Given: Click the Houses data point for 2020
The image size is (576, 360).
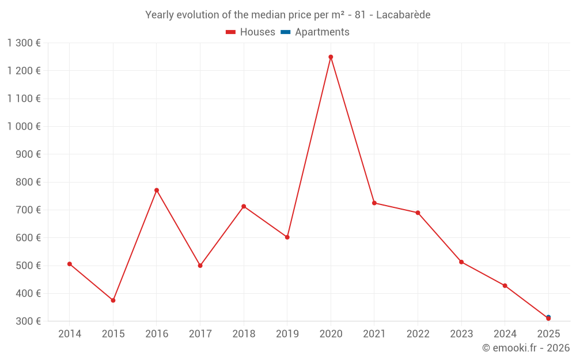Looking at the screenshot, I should pos(331,57).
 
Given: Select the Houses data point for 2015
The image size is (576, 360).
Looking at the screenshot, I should pos(113,300).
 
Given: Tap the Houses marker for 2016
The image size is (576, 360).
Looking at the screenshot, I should pos(157,190).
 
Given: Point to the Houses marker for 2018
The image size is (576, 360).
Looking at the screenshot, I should pos(244,206).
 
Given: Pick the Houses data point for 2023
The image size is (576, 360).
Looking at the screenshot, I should pos(461,262).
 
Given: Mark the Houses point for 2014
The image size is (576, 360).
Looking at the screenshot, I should pos(70,264).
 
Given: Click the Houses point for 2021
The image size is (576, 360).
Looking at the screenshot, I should pos(374,203).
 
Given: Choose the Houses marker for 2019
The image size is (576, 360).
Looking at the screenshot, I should pos(287,237).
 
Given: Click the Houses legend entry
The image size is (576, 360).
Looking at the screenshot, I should pos(251,32).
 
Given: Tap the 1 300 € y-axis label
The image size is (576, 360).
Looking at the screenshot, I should pos(24,43).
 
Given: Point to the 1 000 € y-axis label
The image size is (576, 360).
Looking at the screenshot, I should pos(24,126).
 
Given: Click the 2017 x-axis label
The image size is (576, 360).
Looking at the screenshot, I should pos(200,334).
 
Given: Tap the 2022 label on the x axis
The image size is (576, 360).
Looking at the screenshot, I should pos(418,334).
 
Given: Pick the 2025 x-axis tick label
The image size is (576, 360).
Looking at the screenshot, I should pos(548,334).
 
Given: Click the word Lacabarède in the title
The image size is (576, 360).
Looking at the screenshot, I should pos(403,14).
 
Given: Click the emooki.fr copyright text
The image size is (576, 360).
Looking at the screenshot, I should pos(526,348).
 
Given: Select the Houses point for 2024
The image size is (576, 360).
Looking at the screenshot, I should pos(505,286).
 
